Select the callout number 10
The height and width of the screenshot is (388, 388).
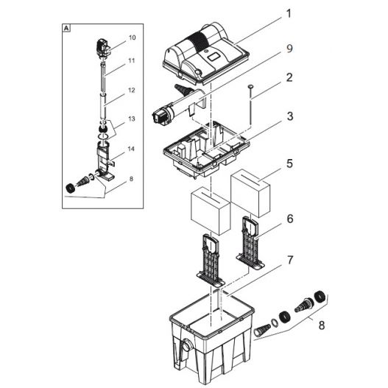click(x=132, y=37)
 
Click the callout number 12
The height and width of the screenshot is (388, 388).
click(x=132, y=91)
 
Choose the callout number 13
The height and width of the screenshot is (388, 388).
click(x=132, y=118)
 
